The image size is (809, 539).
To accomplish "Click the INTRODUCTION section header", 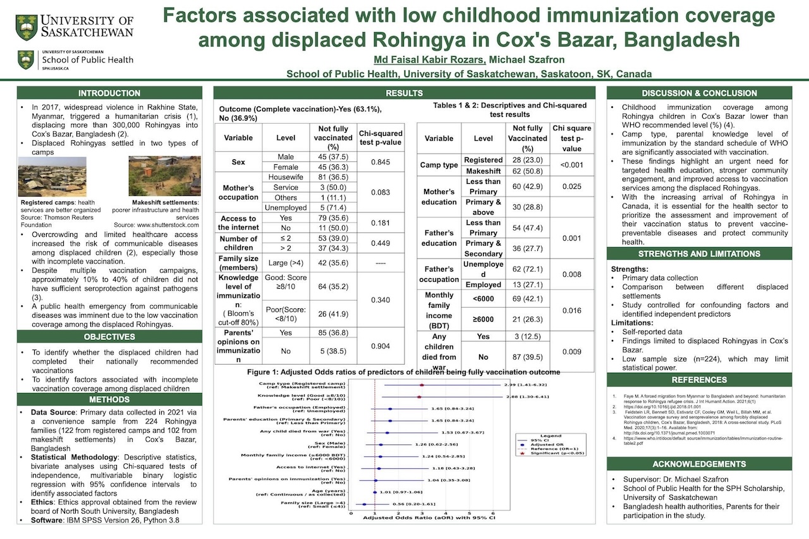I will click(109, 93).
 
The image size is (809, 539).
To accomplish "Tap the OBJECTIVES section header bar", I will click(109, 336).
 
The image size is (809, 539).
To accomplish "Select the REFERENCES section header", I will click(699, 380).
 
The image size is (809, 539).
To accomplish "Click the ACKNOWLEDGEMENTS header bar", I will click(699, 464).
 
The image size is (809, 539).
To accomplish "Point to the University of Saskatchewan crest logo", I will click(27, 27).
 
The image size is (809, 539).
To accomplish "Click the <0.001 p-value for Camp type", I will click(571, 166).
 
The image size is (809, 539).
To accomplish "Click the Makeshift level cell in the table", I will click(483, 171).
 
